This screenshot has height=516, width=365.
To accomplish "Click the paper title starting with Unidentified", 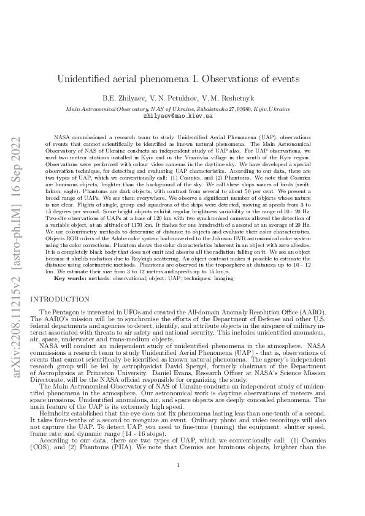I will click(178, 78).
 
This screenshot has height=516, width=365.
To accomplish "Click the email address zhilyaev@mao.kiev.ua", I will click(178, 115).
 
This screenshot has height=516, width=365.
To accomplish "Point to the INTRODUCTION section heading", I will click(60, 299).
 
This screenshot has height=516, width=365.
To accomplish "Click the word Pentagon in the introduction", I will click(67, 313).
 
